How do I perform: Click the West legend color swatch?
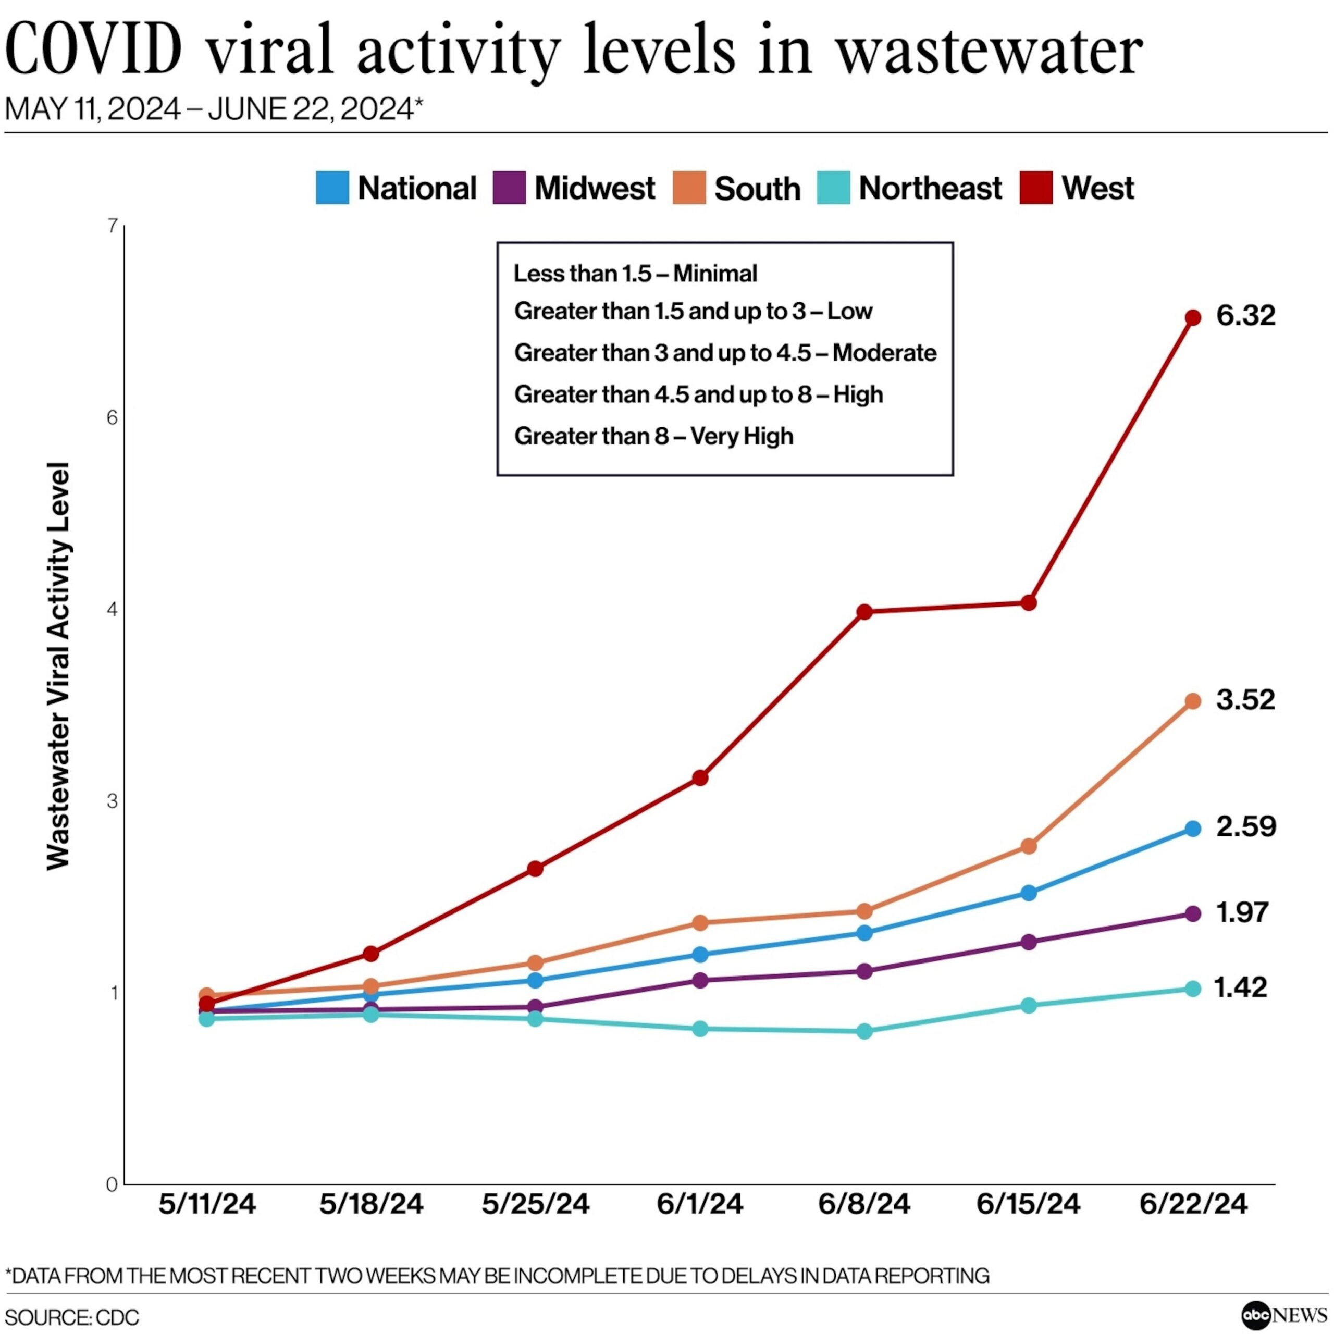pyautogui.click(x=1036, y=188)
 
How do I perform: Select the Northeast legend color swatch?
pyautogui.click(x=833, y=188)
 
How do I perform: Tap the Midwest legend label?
pyautogui.click(x=595, y=188)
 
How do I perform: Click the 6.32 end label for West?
pyautogui.click(x=1245, y=316)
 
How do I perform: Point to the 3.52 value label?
pyautogui.click(x=1245, y=699)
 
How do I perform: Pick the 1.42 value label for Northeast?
pyautogui.click(x=1240, y=987)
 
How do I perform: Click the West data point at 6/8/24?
pyautogui.click(x=864, y=612)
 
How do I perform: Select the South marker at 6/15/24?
pyautogui.click(x=1029, y=846)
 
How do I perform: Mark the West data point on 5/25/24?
pyautogui.click(x=535, y=869)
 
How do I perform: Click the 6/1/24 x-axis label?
pyautogui.click(x=699, y=1204)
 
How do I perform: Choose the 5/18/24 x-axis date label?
pyautogui.click(x=371, y=1204)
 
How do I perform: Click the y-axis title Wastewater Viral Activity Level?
pyautogui.click(x=59, y=666)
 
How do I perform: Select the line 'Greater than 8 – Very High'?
pyautogui.click(x=653, y=436)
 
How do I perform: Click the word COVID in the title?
pyautogui.click(x=94, y=50)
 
